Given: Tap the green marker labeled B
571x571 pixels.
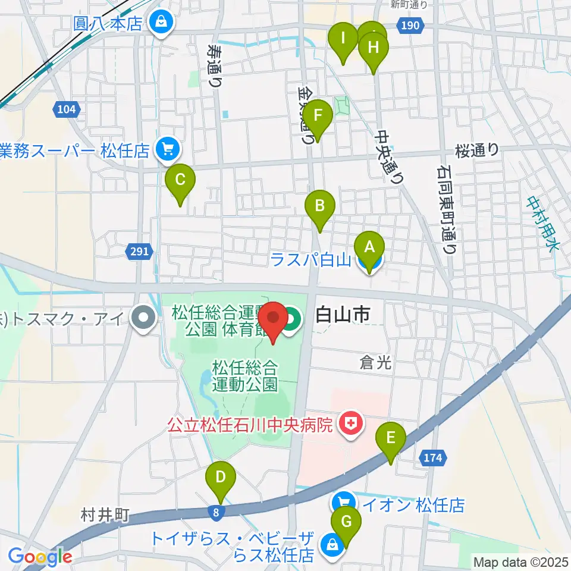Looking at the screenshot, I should (x=320, y=206).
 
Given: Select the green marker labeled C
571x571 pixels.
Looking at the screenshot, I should (x=180, y=179).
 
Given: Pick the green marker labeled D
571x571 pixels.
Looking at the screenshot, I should (x=221, y=477).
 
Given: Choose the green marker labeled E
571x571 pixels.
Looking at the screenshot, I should (x=391, y=438).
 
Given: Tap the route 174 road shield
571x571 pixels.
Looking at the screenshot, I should (x=434, y=457).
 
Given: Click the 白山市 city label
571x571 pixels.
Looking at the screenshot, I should (x=342, y=315).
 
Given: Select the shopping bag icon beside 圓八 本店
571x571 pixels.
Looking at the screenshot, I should (x=160, y=23).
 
